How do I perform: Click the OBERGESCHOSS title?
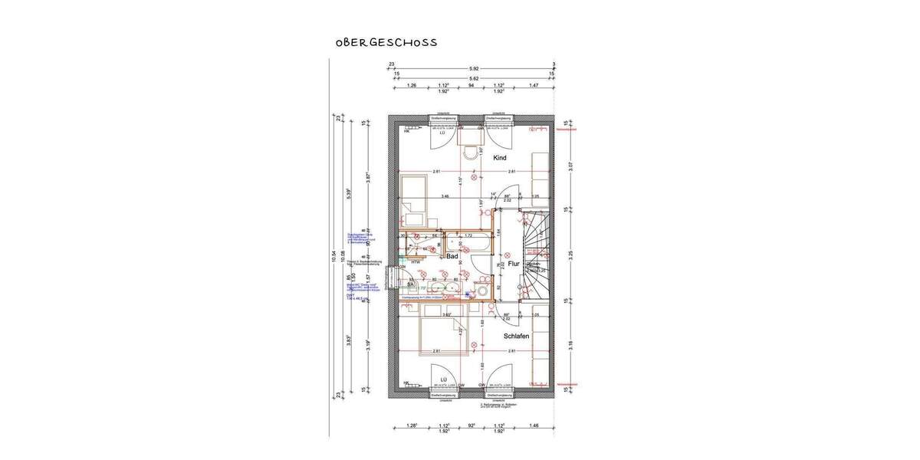tap(386, 42)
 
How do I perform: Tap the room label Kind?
tap(499, 158)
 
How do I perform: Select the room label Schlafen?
tap(518, 336)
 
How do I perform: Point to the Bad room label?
tap(452, 258)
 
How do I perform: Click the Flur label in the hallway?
tap(513, 263)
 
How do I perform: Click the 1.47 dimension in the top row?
tap(534, 87)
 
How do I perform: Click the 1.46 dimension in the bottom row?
tap(534, 425)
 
